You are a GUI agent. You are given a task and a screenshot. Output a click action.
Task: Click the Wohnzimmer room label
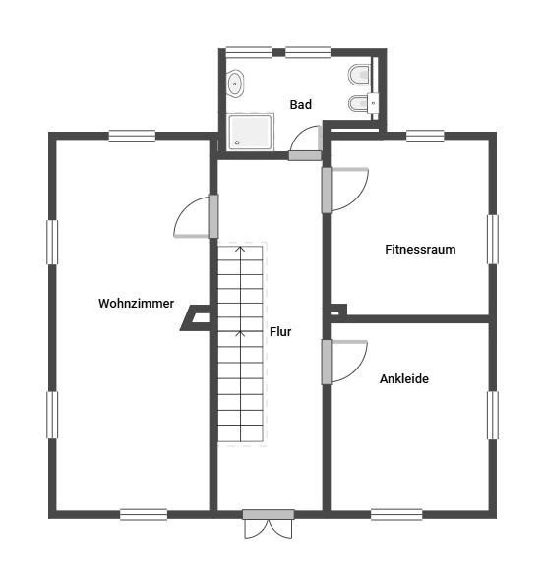136,303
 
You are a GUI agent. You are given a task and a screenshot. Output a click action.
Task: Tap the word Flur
280,331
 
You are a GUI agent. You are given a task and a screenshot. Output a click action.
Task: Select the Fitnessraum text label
420,250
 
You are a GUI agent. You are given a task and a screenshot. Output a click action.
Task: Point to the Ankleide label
404,378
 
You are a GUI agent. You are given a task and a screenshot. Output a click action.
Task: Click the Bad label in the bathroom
301,104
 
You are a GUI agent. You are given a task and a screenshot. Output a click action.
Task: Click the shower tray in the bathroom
250,132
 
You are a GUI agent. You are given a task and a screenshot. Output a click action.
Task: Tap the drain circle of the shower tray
237,142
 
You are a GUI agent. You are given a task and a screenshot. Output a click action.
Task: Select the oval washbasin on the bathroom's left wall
235,84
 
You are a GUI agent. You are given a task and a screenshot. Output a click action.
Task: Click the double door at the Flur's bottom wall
269,524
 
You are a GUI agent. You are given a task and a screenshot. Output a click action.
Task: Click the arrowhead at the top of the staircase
240,249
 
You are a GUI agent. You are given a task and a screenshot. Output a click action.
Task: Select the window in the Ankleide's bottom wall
396,514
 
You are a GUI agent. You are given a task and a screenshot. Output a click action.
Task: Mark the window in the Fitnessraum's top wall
425,136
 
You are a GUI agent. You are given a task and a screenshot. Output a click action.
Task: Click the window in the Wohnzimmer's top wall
132,136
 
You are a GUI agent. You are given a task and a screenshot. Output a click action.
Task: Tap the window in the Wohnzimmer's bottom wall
144,514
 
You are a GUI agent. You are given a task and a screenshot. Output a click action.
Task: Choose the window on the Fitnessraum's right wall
493,240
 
